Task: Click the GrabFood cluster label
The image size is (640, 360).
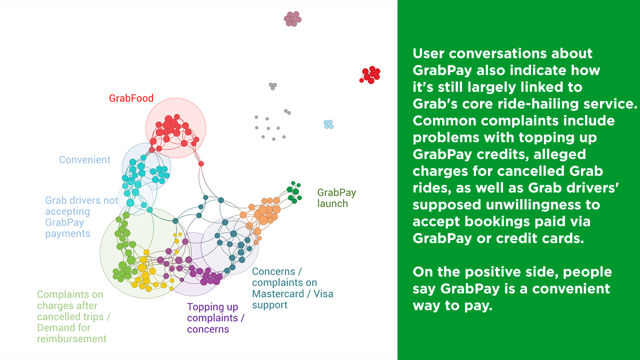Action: pos(131,98)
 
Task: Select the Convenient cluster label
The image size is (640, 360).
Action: pos(84,159)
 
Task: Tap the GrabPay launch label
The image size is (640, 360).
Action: pos(336,198)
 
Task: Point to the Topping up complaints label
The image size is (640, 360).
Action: pos(215,318)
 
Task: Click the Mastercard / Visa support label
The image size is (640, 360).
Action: pos(292,288)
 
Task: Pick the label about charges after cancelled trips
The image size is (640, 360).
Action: pos(73,316)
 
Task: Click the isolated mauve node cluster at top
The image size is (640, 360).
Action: pos(292,19)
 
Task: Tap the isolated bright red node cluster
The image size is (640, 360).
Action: pos(370,75)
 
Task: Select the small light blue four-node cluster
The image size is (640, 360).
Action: pos(328,124)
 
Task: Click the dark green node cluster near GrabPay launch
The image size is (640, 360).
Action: pos(294,192)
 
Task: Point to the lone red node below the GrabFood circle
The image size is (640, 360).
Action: pos(201,163)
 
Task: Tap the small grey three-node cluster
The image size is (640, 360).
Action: pos(273,86)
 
